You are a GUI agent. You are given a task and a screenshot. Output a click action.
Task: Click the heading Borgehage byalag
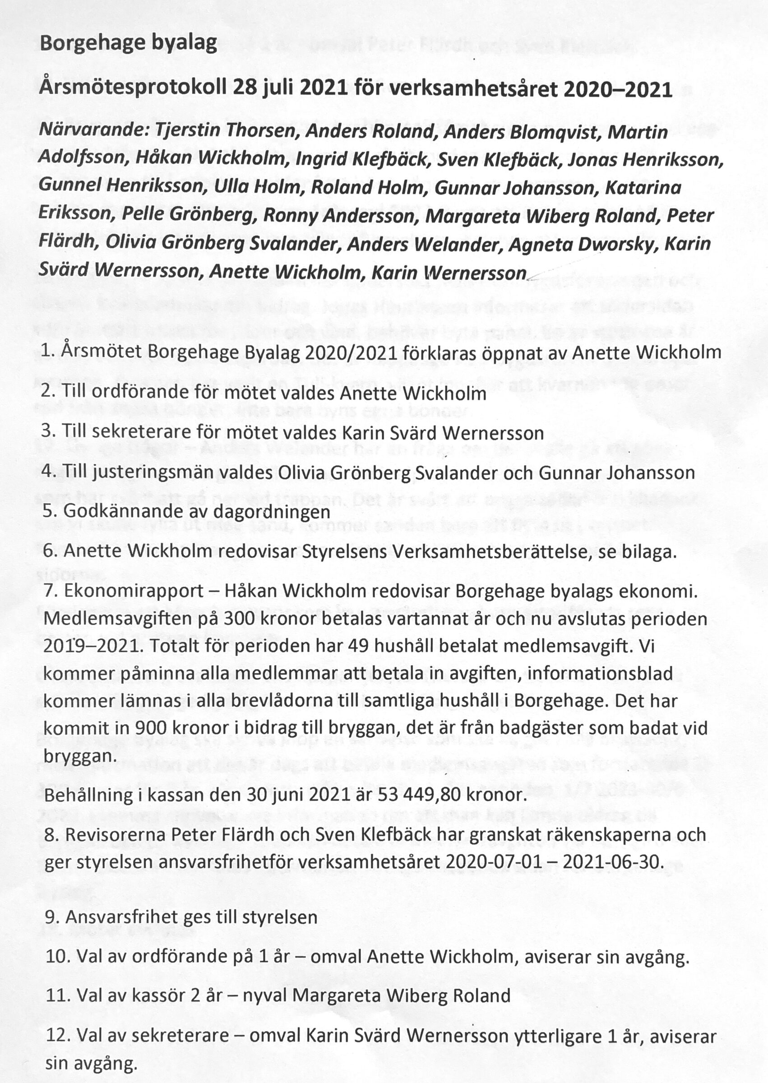128,43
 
